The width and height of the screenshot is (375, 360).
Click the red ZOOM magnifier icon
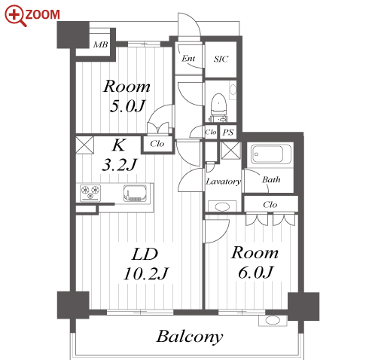[x=14, y=16]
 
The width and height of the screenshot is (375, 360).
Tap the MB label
[x=100, y=44]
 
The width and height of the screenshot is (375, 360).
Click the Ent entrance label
[x=188, y=59]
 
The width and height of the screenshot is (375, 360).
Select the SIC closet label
[x=221, y=59]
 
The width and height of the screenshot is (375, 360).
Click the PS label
[x=228, y=132]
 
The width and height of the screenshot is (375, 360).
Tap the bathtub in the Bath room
[x=270, y=154]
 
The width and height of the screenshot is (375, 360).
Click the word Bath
[x=271, y=180]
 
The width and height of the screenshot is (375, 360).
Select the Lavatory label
[x=223, y=182]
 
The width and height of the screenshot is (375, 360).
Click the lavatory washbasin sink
[x=222, y=206]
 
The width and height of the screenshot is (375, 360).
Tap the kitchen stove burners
[x=90, y=193]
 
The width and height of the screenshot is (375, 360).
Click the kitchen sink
[x=135, y=194]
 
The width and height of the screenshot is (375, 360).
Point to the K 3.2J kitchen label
[x=119, y=155]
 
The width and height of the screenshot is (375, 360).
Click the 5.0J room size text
[x=128, y=106]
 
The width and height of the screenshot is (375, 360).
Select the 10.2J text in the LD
[x=146, y=273]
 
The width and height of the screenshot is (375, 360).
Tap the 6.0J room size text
[x=255, y=273]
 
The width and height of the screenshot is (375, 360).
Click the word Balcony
[x=190, y=337]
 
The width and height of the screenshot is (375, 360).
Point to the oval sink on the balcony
[x=273, y=320]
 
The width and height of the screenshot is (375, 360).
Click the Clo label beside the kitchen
[x=157, y=144]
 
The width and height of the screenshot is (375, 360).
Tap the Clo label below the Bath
[x=270, y=205]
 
